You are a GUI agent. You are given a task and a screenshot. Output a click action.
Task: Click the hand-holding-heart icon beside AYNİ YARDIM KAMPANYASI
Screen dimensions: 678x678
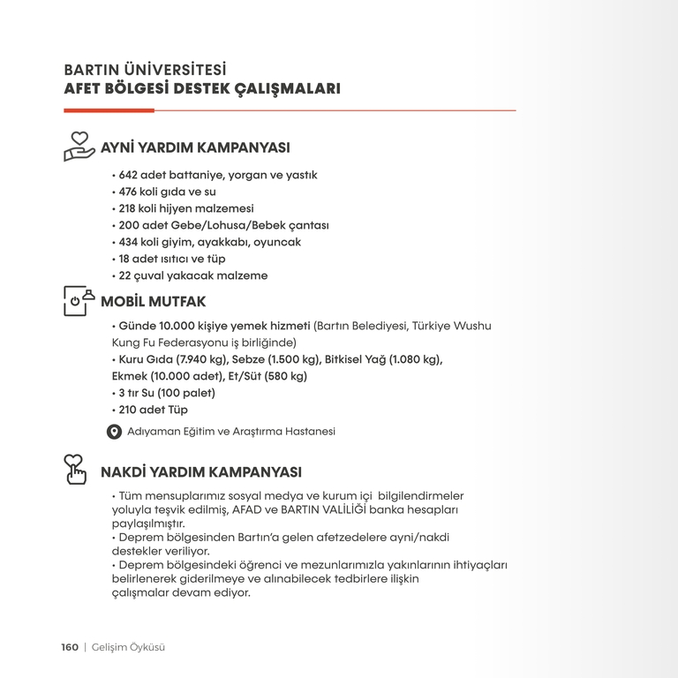click(79, 146)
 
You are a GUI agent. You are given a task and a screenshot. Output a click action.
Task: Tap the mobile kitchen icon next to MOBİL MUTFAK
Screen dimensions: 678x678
click(79, 300)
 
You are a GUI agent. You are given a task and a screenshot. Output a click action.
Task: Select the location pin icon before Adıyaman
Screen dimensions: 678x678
click(114, 432)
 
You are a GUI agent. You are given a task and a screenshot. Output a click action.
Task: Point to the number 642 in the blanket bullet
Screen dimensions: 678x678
click(129, 175)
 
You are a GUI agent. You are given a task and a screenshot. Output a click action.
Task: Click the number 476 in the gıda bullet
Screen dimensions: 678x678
click(129, 192)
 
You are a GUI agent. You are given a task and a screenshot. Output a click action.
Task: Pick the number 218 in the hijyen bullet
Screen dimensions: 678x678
click(129, 208)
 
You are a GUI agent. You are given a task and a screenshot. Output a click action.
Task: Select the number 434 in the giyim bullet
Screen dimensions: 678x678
click(129, 242)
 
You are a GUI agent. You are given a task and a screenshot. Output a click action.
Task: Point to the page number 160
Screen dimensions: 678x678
click(70, 647)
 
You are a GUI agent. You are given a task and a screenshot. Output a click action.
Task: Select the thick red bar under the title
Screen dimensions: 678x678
click(109, 110)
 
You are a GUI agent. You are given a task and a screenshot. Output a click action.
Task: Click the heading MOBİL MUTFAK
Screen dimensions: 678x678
click(154, 302)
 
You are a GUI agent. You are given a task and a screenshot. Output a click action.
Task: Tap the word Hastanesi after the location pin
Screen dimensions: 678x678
click(308, 432)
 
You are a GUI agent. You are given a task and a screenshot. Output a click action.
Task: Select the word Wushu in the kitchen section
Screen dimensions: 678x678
click(472, 326)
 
